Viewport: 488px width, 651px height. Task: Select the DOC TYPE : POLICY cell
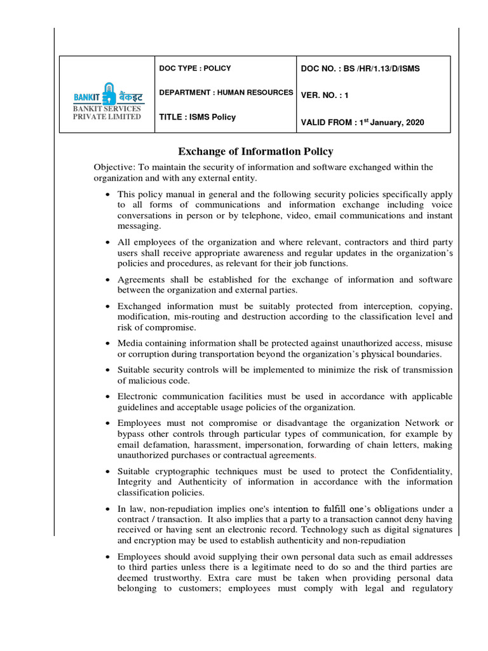[195, 68]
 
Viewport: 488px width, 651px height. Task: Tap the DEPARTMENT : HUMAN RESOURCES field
[226, 93]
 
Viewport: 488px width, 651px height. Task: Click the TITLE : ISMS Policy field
[197, 117]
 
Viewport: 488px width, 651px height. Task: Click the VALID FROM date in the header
[362, 122]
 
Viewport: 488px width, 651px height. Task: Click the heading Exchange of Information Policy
[255, 151]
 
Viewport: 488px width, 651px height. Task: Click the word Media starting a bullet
[130, 343]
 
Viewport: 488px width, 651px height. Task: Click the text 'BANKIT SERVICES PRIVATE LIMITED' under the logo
[107, 113]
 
